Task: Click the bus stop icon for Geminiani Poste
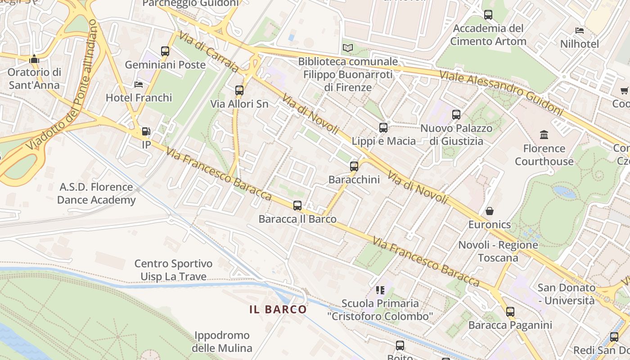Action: [x=165, y=51]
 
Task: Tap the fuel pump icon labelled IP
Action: [x=146, y=131]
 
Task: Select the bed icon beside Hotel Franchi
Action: [x=139, y=84]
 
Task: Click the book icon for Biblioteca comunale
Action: [x=347, y=48]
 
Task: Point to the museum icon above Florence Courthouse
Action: [x=544, y=135]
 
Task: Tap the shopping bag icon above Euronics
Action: [x=489, y=211]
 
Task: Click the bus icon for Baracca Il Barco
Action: [x=297, y=206]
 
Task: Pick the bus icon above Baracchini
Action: [x=354, y=166]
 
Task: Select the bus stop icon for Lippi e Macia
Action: [x=383, y=128]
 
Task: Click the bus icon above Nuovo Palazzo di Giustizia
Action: [x=456, y=115]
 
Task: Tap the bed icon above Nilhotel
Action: [x=580, y=31]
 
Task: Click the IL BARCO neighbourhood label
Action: [x=278, y=309]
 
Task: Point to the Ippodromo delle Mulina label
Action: [x=222, y=342]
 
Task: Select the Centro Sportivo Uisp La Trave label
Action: [x=173, y=270]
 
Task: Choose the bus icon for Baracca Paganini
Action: [x=510, y=311]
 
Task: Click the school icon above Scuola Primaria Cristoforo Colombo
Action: [x=380, y=290]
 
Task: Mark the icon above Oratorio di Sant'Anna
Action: [x=34, y=59]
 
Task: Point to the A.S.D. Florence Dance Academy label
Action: [x=96, y=193]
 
